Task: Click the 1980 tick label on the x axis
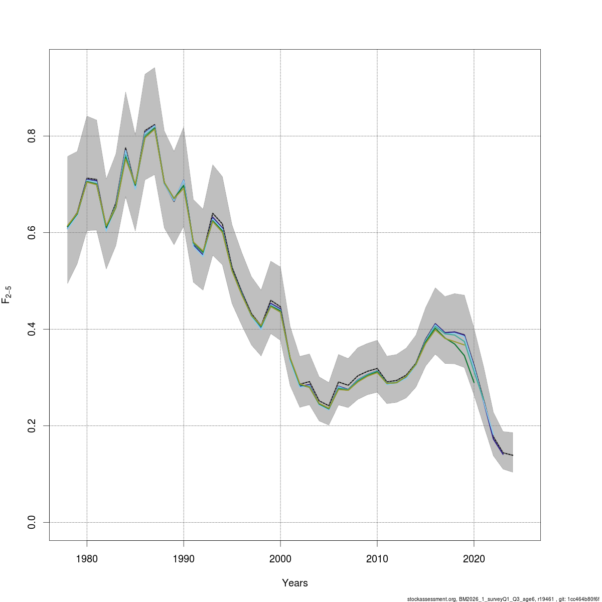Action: pyautogui.click(x=87, y=559)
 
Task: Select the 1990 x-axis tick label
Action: pyautogui.click(x=184, y=559)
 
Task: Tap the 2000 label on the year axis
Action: pyautogui.click(x=280, y=559)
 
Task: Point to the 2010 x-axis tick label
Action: pyautogui.click(x=377, y=559)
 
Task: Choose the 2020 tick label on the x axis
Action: pyautogui.click(x=474, y=559)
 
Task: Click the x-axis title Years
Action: pyautogui.click(x=295, y=583)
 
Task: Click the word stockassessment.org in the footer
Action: pyautogui.click(x=431, y=598)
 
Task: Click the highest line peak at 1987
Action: pyautogui.click(x=155, y=125)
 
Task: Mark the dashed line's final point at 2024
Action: pyautogui.click(x=512, y=455)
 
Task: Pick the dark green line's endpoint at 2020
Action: pyautogui.click(x=474, y=382)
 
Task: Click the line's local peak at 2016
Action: pyautogui.click(x=435, y=324)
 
